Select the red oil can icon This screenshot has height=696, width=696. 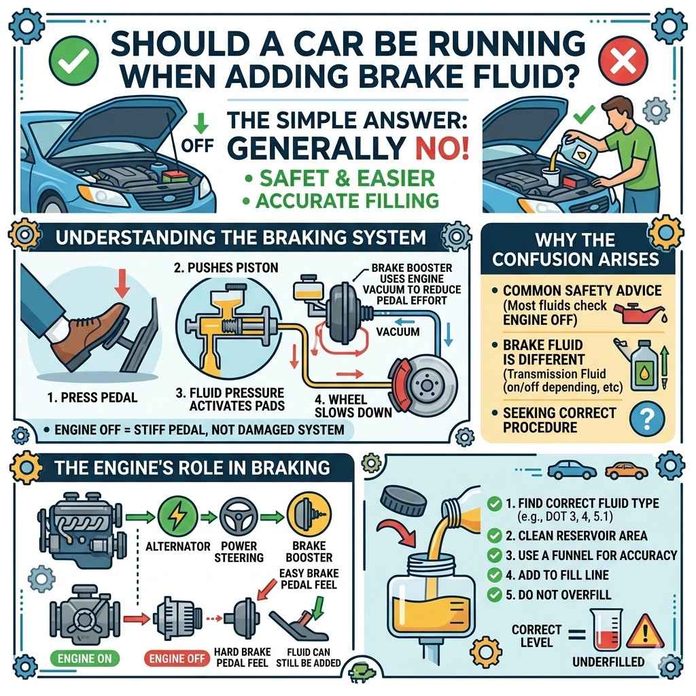point(635,313)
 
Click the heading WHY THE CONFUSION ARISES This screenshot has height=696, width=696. point(575,249)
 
